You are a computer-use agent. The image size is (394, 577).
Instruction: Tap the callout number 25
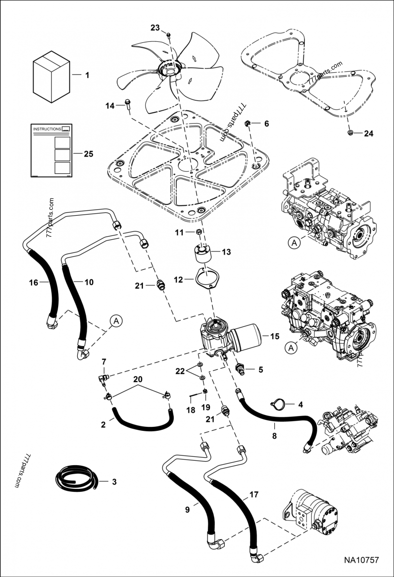click(88, 154)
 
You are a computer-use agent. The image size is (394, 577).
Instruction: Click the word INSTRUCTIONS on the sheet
click(47, 129)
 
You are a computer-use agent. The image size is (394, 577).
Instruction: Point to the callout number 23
click(155, 28)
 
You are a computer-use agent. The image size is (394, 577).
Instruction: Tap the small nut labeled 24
click(350, 133)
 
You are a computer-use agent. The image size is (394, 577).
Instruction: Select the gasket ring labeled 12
click(204, 279)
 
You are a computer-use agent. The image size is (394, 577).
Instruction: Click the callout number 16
click(33, 282)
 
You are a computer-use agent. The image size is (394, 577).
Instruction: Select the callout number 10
click(89, 282)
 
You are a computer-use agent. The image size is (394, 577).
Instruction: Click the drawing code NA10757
click(361, 560)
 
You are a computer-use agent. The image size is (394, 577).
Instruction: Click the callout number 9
click(187, 510)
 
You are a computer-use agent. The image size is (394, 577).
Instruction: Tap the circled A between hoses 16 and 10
click(116, 321)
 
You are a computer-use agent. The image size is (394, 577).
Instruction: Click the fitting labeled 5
click(241, 368)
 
